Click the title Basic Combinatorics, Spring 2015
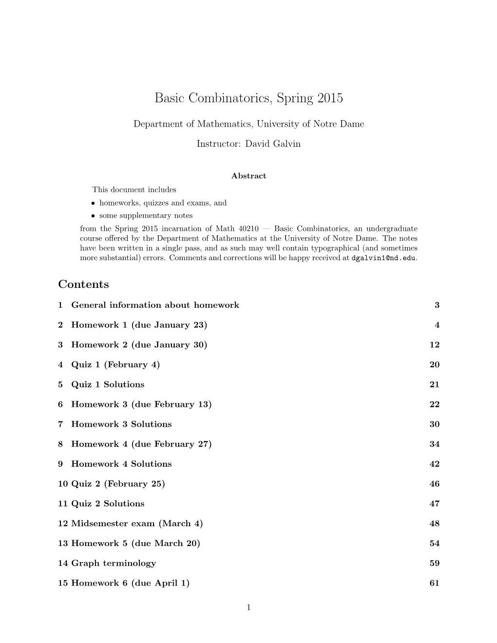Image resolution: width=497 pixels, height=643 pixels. pyautogui.click(x=248, y=98)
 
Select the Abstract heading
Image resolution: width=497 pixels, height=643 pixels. pyautogui.click(x=248, y=176)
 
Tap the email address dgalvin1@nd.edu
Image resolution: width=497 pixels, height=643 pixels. pyautogui.click(x=383, y=258)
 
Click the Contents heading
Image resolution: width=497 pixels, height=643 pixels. pyautogui.click(x=83, y=284)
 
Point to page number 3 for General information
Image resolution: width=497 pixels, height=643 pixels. pyautogui.click(x=437, y=305)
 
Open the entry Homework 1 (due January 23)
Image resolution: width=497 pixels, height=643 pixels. pyautogui.click(x=139, y=325)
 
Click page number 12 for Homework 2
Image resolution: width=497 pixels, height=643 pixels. pyautogui.click(x=435, y=345)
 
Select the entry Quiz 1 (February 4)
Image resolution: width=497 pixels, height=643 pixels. pyautogui.click(x=115, y=364)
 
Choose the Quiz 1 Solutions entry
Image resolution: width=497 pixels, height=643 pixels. pyautogui.click(x=108, y=384)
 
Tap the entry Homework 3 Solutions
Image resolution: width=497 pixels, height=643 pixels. pyautogui.click(x=121, y=424)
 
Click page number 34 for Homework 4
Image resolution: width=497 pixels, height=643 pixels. pyautogui.click(x=435, y=444)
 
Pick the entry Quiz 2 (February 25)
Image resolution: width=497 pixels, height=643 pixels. pyautogui.click(x=118, y=484)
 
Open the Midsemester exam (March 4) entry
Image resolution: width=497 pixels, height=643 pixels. pyautogui.click(x=137, y=524)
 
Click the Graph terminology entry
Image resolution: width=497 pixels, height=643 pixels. pyautogui.click(x=114, y=563)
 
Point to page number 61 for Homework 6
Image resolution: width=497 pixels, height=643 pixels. pyautogui.click(x=435, y=583)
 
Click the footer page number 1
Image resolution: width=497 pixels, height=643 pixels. pyautogui.click(x=248, y=607)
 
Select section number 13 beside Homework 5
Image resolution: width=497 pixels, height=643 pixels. pyautogui.click(x=63, y=543)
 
